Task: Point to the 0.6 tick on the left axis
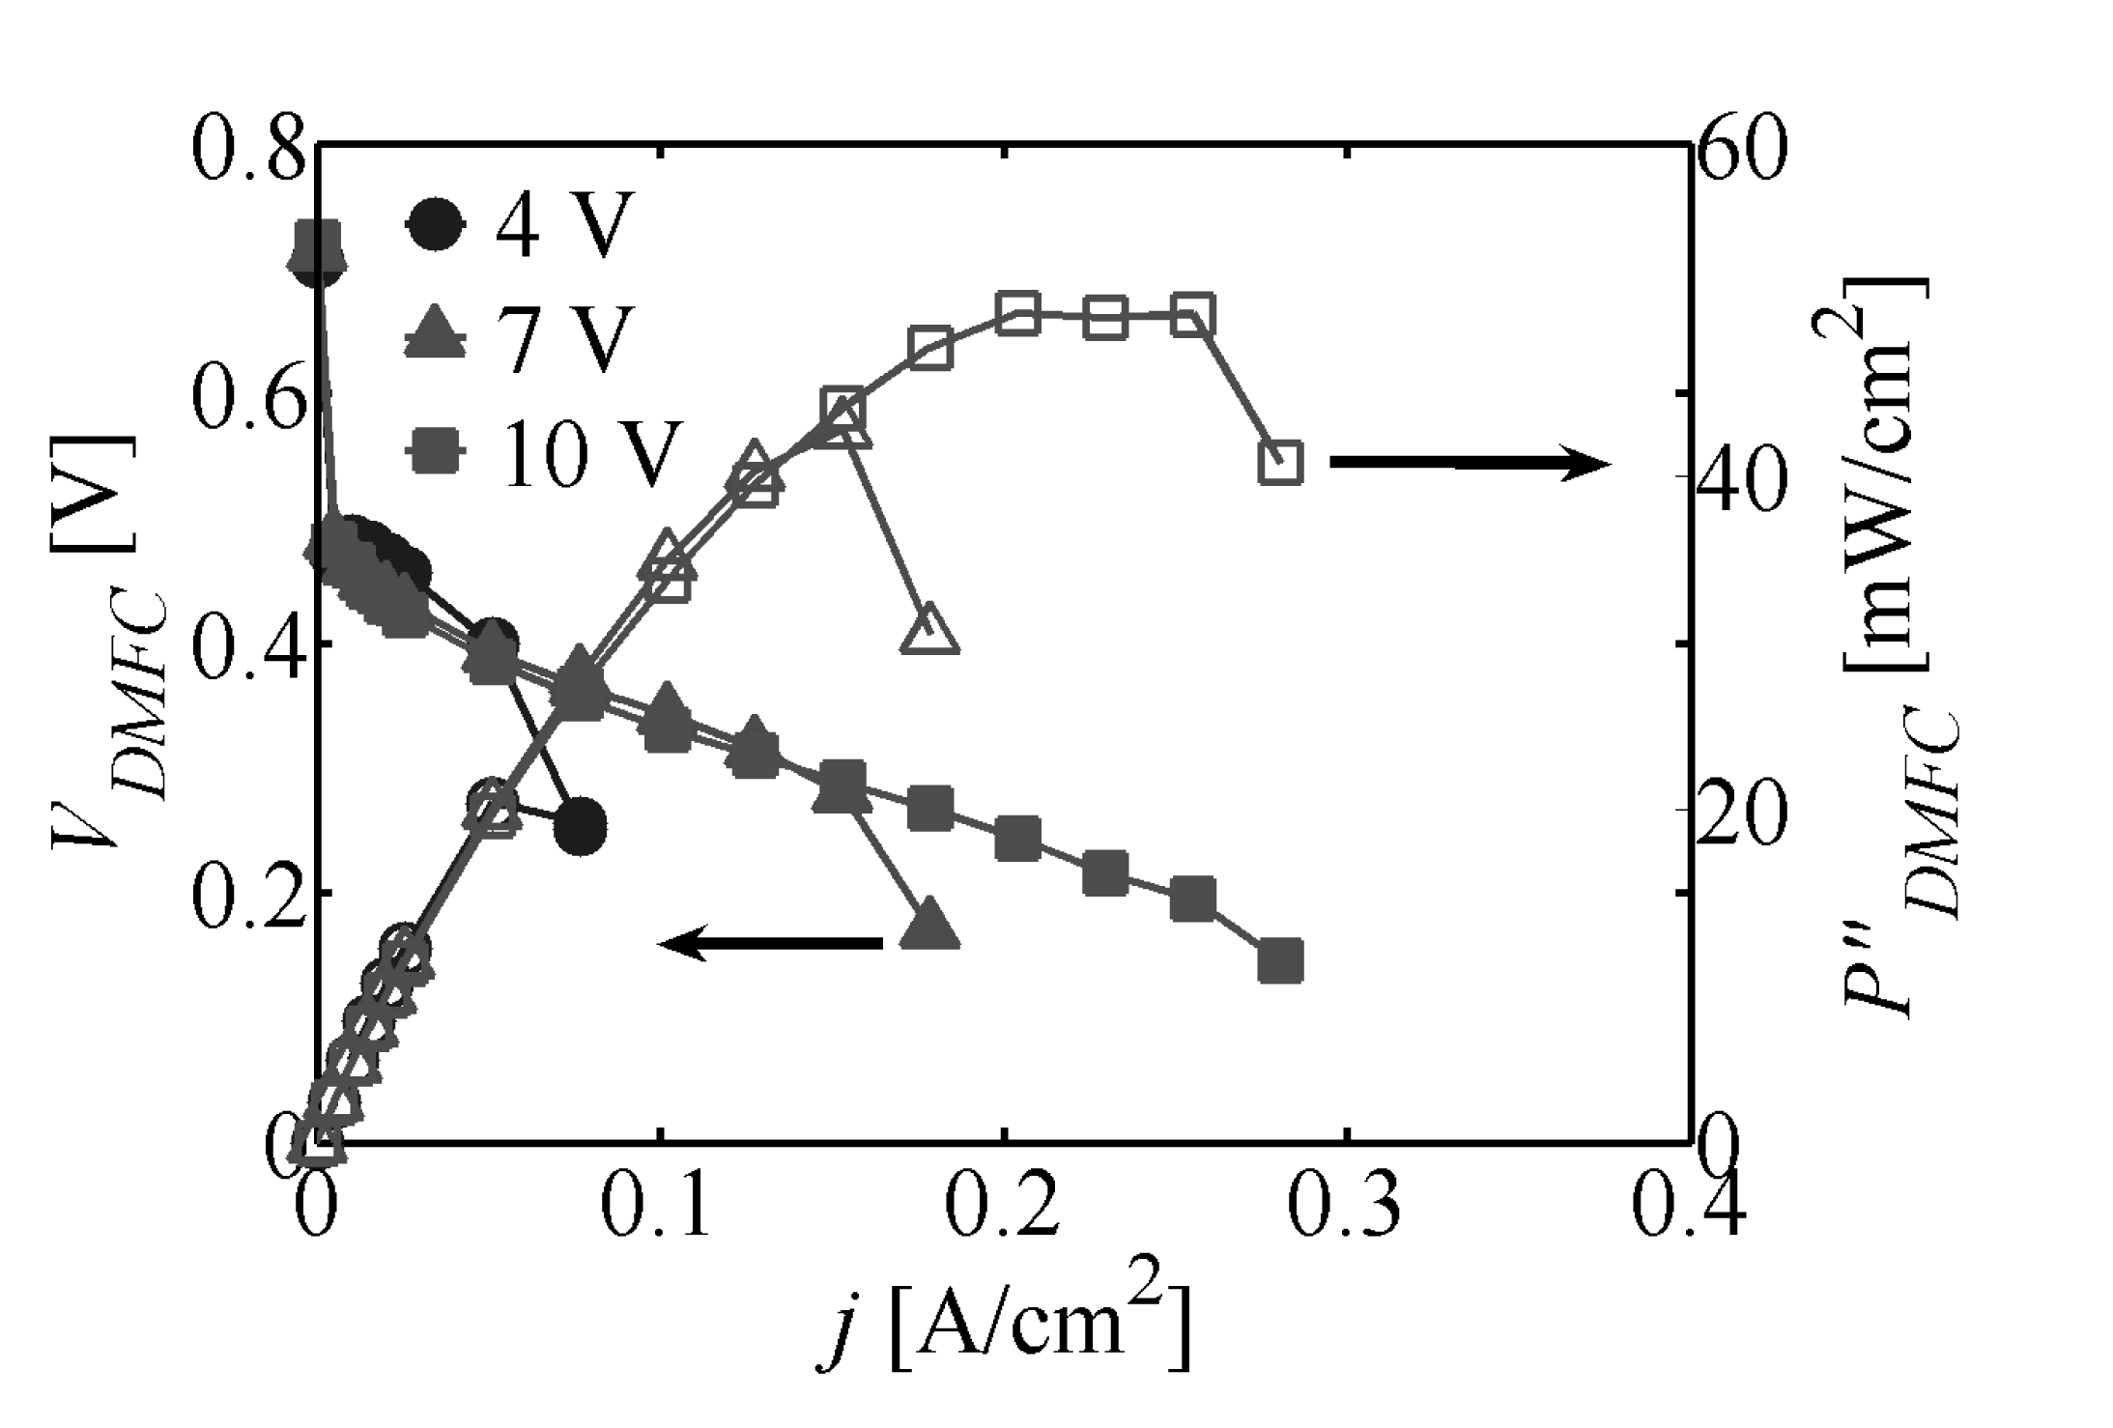coord(248,396)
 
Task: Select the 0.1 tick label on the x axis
coord(657,1205)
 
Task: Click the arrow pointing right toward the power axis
coord(1469,464)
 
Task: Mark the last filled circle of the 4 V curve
coord(580,826)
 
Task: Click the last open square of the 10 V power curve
coord(1281,462)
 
